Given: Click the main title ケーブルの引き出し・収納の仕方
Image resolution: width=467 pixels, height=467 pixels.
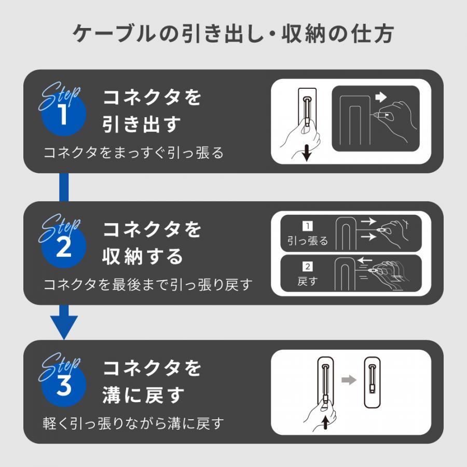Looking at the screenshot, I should click(x=233, y=34).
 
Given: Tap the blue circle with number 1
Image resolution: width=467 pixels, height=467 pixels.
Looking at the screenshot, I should click(x=63, y=115).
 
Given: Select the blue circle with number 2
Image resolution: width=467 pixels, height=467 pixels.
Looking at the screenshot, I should click(x=63, y=248).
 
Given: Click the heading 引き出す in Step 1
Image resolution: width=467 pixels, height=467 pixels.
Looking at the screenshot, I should click(x=142, y=124).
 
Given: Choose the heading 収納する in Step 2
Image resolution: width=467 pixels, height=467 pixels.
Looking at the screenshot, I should click(x=143, y=256).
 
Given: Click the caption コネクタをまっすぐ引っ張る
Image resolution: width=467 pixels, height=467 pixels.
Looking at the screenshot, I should click(x=133, y=153).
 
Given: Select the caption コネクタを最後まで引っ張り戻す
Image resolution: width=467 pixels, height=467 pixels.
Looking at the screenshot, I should click(x=148, y=285).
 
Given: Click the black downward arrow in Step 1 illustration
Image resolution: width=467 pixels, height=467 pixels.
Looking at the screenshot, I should click(x=307, y=153).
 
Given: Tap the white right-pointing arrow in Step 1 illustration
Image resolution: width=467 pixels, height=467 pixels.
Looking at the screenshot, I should click(x=381, y=97).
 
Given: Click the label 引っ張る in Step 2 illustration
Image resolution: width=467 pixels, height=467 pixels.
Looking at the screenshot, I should click(x=308, y=241).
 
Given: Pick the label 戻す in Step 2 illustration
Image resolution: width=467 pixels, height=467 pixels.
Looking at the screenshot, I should click(x=307, y=282).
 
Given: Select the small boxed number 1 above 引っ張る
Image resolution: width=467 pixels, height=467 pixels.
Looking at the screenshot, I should click(x=307, y=226).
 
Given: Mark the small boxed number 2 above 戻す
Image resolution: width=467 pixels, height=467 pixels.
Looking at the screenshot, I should click(x=307, y=267).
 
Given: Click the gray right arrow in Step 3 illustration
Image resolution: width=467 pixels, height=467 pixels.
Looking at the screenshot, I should click(x=349, y=380).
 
